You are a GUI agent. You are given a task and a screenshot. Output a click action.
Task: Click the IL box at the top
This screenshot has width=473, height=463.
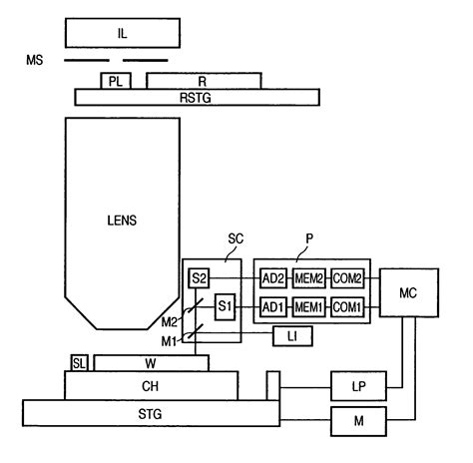122,33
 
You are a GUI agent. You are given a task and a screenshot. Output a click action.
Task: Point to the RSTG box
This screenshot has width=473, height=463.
197,97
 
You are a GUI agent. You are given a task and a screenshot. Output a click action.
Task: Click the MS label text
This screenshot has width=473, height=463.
35,62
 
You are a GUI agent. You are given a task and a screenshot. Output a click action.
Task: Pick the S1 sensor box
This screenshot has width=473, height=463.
225,306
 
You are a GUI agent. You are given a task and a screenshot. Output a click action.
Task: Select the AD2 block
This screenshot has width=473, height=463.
272,276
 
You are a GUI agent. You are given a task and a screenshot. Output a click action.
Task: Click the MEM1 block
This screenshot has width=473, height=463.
308,306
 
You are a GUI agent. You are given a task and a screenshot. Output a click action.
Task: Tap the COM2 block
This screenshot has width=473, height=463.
345,276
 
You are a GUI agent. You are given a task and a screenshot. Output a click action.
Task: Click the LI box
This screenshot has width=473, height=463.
292,337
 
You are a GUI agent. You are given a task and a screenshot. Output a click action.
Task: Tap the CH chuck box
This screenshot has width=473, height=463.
151,384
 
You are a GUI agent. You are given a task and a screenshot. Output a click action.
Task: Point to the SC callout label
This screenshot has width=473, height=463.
235,239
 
